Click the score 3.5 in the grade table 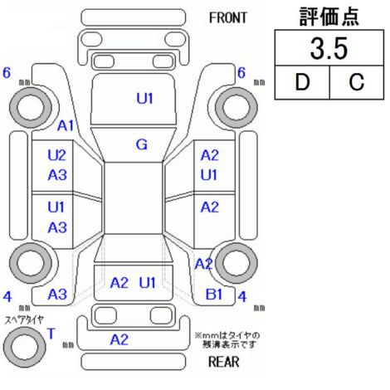[x=329, y=49]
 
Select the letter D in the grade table [x=302, y=82]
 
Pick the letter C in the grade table [x=357, y=82]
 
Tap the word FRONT [x=227, y=18]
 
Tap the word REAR [x=223, y=362]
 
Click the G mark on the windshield [x=142, y=144]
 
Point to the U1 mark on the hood [x=144, y=99]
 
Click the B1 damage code [x=214, y=295]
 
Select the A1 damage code [x=66, y=126]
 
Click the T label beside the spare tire [x=51, y=334]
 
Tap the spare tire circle [x=25, y=347]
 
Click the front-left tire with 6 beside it [x=31, y=107]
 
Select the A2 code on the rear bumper [x=119, y=339]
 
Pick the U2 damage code [x=57, y=155]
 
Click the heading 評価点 [x=329, y=17]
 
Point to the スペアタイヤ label [x=24, y=319]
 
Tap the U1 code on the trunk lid [x=147, y=283]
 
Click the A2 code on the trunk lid [x=119, y=283]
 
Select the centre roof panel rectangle [x=134, y=198]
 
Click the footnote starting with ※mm [x=227, y=340]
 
